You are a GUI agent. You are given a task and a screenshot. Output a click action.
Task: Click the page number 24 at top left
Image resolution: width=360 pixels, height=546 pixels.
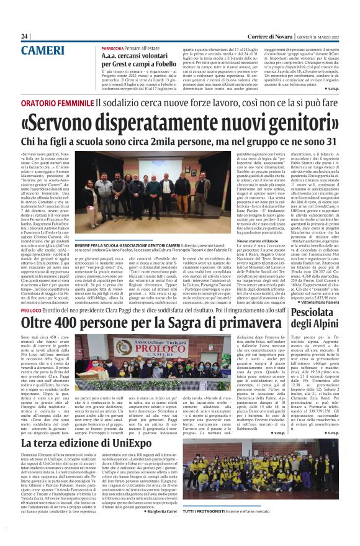24,37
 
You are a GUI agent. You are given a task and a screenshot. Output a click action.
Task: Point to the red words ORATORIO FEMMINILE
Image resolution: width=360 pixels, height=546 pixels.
58,101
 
